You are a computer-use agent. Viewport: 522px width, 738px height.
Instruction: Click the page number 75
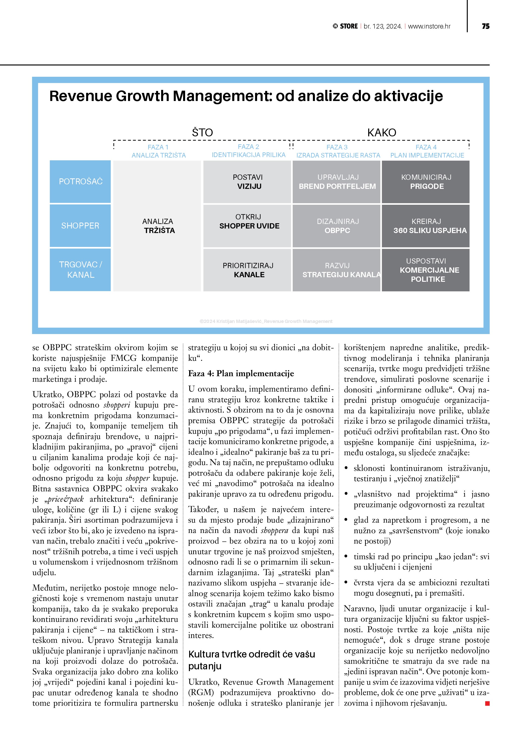(485, 26)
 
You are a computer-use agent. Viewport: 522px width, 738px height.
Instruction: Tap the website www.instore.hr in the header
(429, 26)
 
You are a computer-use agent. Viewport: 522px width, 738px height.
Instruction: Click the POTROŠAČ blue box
(80, 182)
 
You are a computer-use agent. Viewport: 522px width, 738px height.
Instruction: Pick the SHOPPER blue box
(80, 226)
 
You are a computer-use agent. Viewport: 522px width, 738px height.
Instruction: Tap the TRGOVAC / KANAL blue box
(80, 270)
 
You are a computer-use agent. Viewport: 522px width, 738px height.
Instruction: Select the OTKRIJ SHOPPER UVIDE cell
(247, 226)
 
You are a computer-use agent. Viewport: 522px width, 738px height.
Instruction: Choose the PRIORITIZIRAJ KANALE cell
(247, 270)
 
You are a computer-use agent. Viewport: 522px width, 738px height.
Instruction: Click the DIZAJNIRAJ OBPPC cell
(337, 226)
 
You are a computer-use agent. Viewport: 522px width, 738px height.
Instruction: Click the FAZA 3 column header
(337, 151)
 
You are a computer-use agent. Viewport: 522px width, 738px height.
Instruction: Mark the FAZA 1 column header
(158, 151)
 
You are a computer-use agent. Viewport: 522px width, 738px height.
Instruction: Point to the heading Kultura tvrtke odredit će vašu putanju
(251, 660)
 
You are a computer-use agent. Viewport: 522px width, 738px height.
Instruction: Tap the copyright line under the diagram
(266, 321)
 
